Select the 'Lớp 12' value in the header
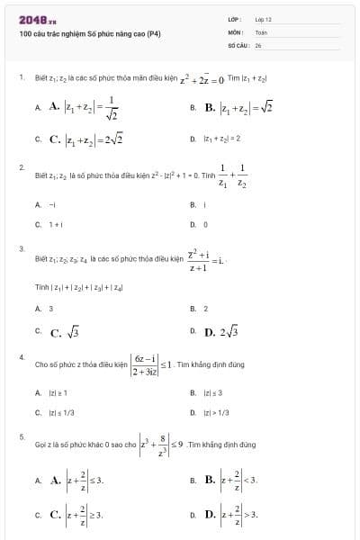(263, 18)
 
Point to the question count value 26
(258, 43)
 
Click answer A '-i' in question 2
(53, 205)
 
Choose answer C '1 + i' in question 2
(55, 224)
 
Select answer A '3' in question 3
(50, 308)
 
